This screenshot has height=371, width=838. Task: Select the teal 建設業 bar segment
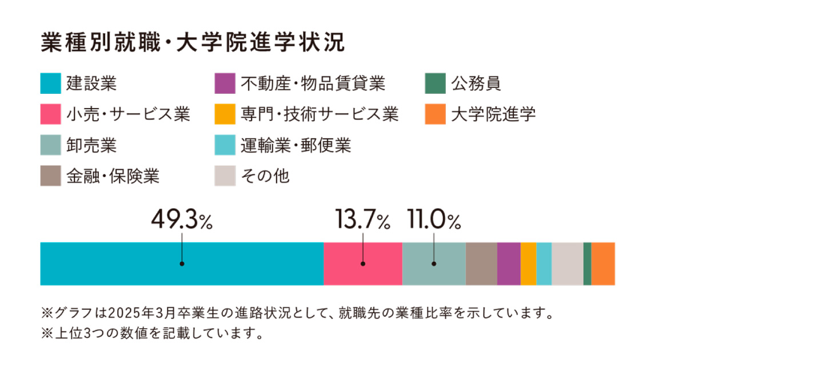pyautogui.click(x=182, y=264)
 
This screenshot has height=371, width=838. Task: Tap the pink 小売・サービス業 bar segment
pyautogui.click(x=362, y=264)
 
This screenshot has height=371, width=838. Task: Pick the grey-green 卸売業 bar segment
pyautogui.click(x=434, y=264)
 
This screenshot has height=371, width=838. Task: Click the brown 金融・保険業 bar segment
pyautogui.click(x=481, y=264)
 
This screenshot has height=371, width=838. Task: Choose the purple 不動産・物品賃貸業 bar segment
pyautogui.click(x=509, y=264)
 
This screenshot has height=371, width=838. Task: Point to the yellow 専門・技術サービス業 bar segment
pyautogui.click(x=528, y=264)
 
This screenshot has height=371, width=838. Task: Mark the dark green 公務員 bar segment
pyautogui.click(x=587, y=264)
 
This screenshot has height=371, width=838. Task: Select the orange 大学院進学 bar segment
pyautogui.click(x=603, y=264)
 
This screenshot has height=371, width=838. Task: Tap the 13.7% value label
pyautogui.click(x=362, y=220)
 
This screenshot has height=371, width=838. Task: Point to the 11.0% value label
pyautogui.click(x=434, y=220)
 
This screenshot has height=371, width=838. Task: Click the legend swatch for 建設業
pyautogui.click(x=51, y=83)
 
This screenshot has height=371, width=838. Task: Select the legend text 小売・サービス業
pyautogui.click(x=128, y=114)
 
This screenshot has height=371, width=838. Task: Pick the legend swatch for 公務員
pyautogui.click(x=436, y=83)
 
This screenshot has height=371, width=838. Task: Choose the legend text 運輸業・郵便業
pyautogui.click(x=296, y=145)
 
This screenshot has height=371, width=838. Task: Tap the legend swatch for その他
pyautogui.click(x=225, y=176)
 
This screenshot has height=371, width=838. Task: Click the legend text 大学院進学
pyautogui.click(x=493, y=114)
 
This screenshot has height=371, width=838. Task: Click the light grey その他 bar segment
pyautogui.click(x=567, y=264)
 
